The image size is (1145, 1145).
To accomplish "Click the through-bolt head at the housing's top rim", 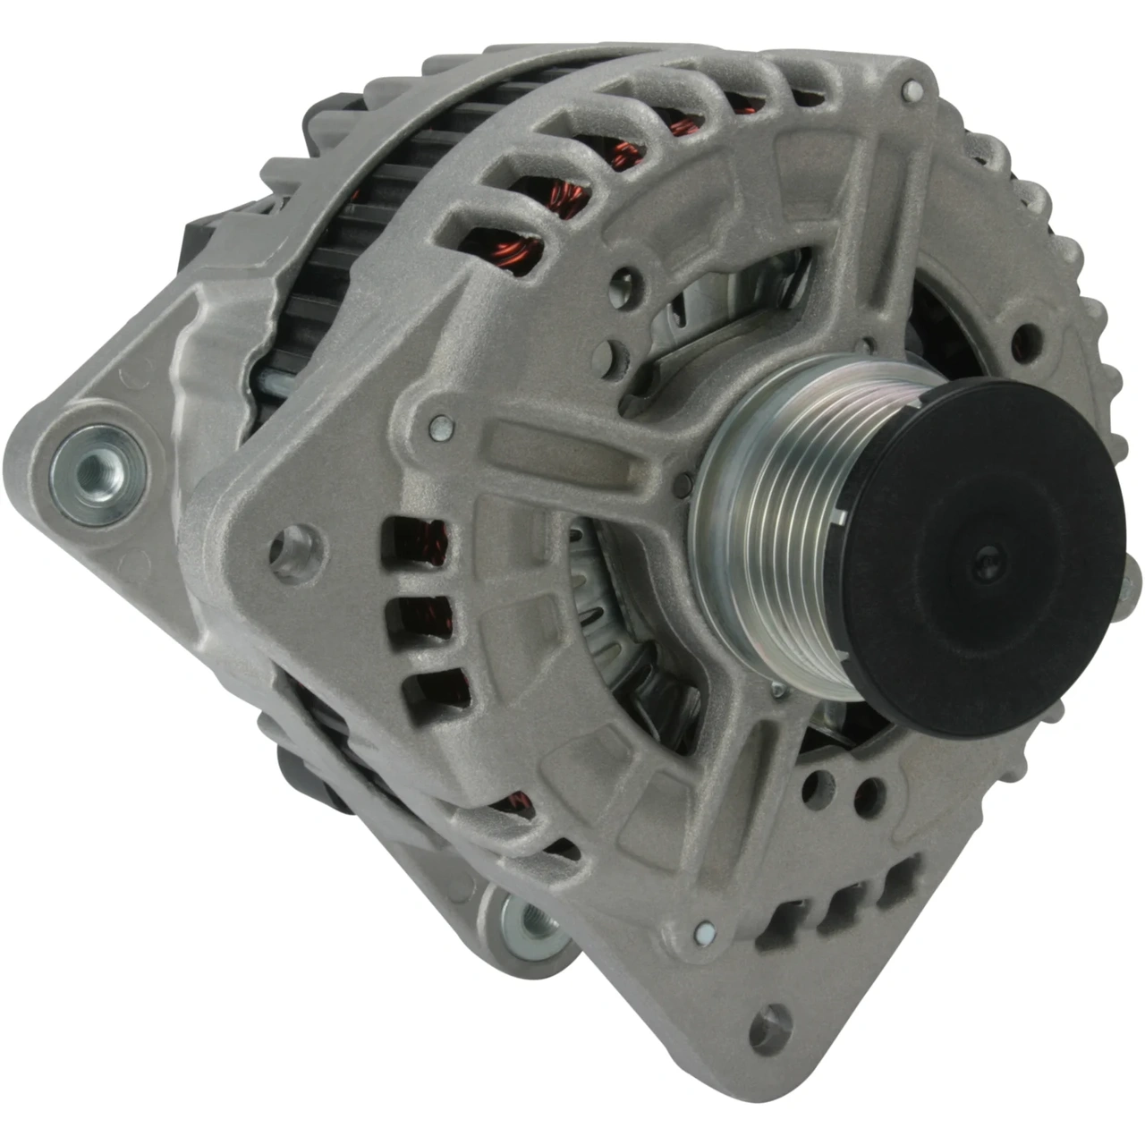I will pyautogui.click(x=912, y=90).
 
